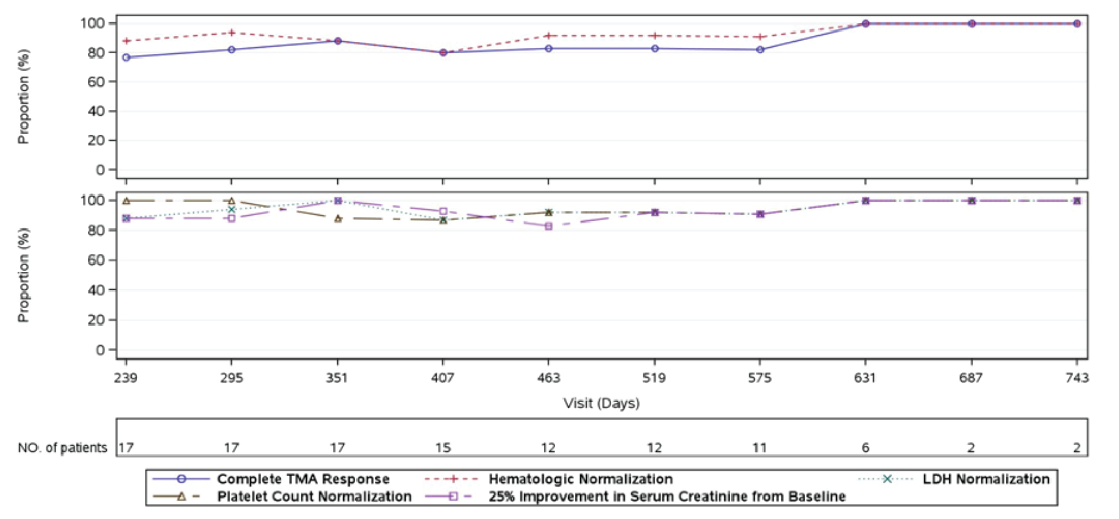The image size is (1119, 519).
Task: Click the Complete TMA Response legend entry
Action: pyautogui.click(x=303, y=479)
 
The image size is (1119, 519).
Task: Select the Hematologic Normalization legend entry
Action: pyautogui.click(x=580, y=479)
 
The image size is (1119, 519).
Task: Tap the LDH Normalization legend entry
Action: pyautogui.click(x=986, y=479)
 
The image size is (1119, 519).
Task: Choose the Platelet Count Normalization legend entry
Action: pyautogui.click(x=314, y=496)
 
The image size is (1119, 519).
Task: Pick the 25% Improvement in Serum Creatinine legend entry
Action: pyautogui.click(x=667, y=496)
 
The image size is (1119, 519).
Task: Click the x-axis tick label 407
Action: pyautogui.click(x=443, y=378)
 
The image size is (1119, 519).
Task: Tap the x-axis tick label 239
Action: pyautogui.click(x=126, y=378)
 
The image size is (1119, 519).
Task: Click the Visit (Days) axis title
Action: pyautogui.click(x=602, y=403)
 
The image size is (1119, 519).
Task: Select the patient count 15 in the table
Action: pyautogui.click(x=443, y=448)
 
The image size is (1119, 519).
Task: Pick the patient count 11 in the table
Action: pyautogui.click(x=760, y=448)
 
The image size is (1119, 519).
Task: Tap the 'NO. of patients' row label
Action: pyautogui.click(x=62, y=448)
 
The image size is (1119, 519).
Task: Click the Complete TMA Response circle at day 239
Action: pyautogui.click(x=126, y=57)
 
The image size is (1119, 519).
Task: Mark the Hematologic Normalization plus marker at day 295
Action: pyautogui.click(x=232, y=33)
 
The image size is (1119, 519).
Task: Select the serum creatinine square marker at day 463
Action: pyautogui.click(x=549, y=226)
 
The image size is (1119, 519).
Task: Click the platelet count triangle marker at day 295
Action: pyautogui.click(x=232, y=201)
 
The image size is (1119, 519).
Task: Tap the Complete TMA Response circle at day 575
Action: pyautogui.click(x=760, y=50)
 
